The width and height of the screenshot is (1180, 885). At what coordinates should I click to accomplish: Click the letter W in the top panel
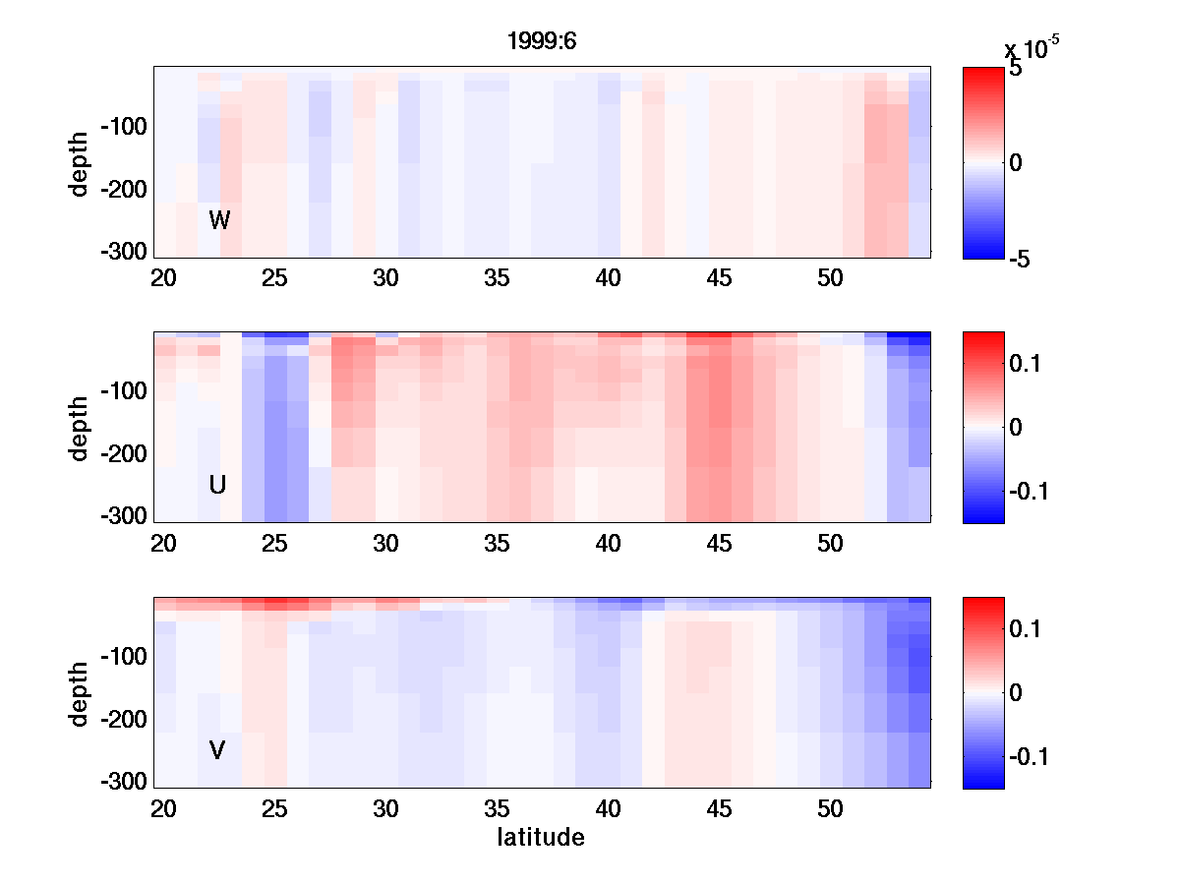click(x=219, y=220)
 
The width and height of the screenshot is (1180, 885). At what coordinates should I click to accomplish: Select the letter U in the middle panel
click(x=218, y=485)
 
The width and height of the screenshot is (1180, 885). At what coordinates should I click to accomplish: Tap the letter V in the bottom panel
click(x=217, y=750)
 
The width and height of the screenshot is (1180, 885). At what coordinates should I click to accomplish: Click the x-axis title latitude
click(x=541, y=838)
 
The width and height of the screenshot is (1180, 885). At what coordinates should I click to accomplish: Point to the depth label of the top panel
click(x=80, y=163)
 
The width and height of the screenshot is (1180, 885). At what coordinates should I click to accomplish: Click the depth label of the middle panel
click(x=80, y=428)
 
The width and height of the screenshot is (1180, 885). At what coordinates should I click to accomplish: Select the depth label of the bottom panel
click(x=80, y=693)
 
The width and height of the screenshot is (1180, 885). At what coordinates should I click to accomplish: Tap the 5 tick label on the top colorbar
click(x=1016, y=71)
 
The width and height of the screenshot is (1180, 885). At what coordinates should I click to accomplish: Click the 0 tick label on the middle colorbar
click(x=1017, y=427)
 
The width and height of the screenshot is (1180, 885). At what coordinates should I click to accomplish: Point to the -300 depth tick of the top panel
click(x=123, y=252)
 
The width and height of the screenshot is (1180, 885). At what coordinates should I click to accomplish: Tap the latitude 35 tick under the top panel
click(x=498, y=278)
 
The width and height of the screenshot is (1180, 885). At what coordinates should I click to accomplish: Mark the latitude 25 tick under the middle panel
click(x=274, y=544)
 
